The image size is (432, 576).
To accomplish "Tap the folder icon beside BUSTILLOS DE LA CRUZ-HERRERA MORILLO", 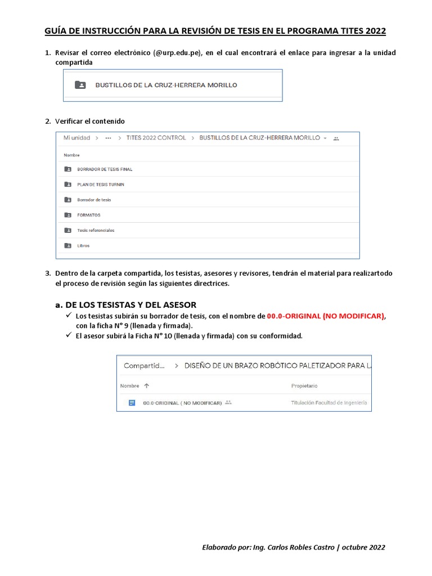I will (x=80, y=85).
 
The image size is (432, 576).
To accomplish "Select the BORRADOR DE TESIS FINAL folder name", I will (x=105, y=169).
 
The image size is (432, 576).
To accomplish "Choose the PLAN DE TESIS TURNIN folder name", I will (x=101, y=184).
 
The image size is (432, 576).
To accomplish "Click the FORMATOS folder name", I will (x=89, y=215).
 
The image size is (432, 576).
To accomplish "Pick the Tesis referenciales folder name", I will (x=96, y=230).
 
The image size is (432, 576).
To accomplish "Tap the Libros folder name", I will (x=83, y=245).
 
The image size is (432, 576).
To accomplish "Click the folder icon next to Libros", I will (x=68, y=245).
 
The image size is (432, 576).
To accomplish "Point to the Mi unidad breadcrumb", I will (x=76, y=138).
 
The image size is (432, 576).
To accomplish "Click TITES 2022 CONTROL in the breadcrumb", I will (x=156, y=138).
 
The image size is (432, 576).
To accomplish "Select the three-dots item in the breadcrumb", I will (x=108, y=138).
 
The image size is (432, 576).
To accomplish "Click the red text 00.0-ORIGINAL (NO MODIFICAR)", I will (x=326, y=316).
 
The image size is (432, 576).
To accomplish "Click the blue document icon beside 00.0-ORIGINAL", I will (x=132, y=403).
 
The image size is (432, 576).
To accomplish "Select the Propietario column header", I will (x=304, y=386).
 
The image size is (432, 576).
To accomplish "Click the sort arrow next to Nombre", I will (x=147, y=386).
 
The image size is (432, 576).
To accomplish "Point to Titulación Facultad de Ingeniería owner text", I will (x=329, y=403).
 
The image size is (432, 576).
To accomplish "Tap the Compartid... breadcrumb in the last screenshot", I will (x=144, y=366).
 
